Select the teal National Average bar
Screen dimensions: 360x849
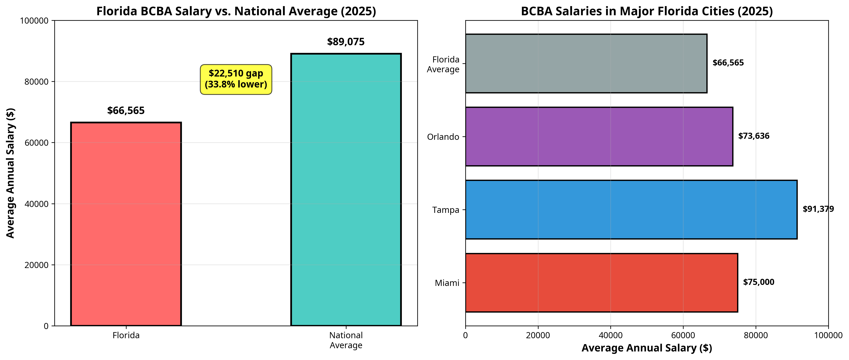[346, 189]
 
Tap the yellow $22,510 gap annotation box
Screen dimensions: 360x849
[236, 79]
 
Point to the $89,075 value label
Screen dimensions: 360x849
[346, 42]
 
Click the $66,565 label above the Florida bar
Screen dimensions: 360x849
[126, 111]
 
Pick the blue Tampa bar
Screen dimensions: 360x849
[631, 209]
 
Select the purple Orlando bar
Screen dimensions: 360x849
[599, 137]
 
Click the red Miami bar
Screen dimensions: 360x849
[601, 282]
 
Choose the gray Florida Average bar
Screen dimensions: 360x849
[586, 63]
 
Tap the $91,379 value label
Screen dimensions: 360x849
[818, 209]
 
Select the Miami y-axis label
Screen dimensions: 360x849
[447, 283]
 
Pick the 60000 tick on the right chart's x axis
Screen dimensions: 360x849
[683, 335]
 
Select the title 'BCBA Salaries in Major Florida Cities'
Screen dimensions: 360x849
[647, 11]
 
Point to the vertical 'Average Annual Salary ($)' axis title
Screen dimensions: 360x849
[11, 173]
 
